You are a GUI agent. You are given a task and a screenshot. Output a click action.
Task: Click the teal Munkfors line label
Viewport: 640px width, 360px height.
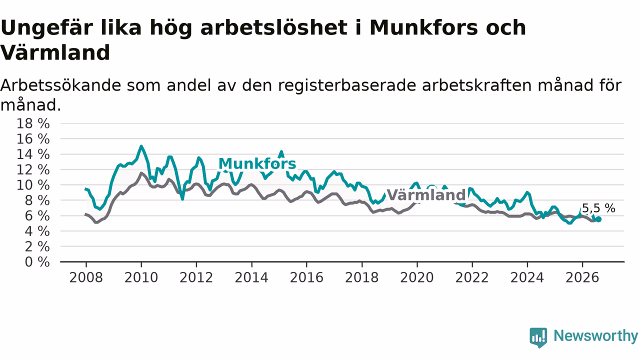[x=257, y=164]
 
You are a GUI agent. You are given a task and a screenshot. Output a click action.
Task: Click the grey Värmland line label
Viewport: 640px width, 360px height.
[x=426, y=195]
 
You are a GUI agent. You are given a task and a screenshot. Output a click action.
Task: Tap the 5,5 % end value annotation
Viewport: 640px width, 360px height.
[x=598, y=208]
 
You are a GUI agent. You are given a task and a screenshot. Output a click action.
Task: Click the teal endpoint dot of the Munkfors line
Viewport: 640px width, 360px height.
[x=598, y=219]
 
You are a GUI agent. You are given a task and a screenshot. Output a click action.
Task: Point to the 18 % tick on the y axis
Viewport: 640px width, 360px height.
[x=33, y=123]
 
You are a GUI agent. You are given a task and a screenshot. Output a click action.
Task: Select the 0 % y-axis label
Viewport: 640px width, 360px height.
[x=37, y=262]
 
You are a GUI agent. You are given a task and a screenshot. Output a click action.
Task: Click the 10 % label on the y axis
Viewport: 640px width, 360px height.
[x=33, y=185]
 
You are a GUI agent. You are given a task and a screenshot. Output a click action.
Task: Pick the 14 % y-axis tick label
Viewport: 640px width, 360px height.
[x=33, y=154]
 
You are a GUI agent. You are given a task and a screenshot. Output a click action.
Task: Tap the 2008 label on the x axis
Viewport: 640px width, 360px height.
[x=86, y=277]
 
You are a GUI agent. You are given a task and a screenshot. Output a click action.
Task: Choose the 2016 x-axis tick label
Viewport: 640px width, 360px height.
[x=306, y=277]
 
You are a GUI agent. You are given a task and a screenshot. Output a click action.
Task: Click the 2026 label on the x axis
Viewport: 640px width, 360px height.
[x=582, y=277]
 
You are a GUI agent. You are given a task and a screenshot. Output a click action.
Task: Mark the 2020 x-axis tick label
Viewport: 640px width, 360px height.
[x=417, y=277]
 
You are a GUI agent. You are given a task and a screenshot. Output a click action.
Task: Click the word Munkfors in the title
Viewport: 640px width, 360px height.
[x=423, y=28]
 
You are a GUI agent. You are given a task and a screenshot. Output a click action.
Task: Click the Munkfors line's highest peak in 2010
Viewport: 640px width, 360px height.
[x=141, y=146]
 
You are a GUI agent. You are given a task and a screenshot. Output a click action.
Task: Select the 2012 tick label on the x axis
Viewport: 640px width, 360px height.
[x=196, y=277]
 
